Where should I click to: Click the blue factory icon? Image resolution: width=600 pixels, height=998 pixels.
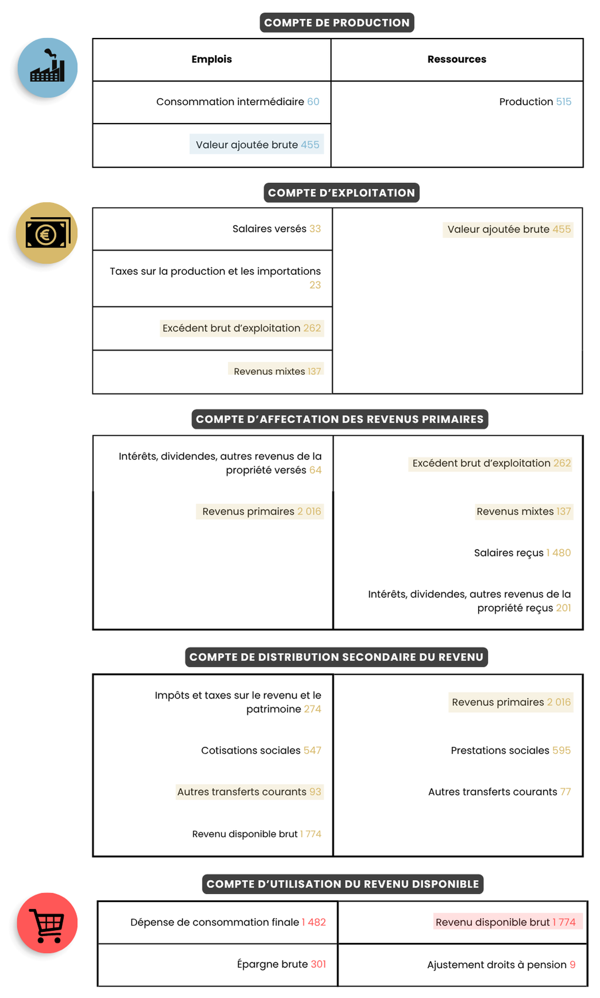point(47,68)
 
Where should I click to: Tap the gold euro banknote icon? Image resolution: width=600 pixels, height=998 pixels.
point(47,233)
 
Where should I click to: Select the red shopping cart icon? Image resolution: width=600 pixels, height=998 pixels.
point(47,923)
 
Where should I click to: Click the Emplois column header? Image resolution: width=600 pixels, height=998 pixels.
point(212,59)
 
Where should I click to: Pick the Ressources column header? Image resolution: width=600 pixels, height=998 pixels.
point(457,59)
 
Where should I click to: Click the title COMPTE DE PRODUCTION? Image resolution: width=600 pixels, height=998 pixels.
point(337,23)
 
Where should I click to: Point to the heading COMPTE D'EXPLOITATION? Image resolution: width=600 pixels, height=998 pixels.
point(341,193)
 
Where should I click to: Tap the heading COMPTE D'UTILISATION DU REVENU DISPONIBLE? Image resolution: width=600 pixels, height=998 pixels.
point(342,884)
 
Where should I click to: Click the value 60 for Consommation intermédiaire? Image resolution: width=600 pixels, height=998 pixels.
point(313,102)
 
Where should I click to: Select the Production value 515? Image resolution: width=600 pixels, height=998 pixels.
point(563,102)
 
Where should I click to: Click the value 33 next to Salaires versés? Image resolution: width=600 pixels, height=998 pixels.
point(315,229)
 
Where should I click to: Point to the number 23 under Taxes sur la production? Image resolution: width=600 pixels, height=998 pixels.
point(315,285)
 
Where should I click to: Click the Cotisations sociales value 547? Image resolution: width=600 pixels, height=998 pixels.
point(312,751)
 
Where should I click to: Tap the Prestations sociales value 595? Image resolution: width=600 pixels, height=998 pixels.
point(561,751)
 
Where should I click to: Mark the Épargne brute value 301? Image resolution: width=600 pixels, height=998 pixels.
point(318,964)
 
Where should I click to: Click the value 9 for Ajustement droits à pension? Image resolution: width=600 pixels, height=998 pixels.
point(572,965)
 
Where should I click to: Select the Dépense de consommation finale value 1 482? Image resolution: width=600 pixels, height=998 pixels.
point(314,922)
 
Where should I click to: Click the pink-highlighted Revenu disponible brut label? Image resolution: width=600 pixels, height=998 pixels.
point(492,922)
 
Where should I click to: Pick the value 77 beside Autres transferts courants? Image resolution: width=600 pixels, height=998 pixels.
point(565,792)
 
